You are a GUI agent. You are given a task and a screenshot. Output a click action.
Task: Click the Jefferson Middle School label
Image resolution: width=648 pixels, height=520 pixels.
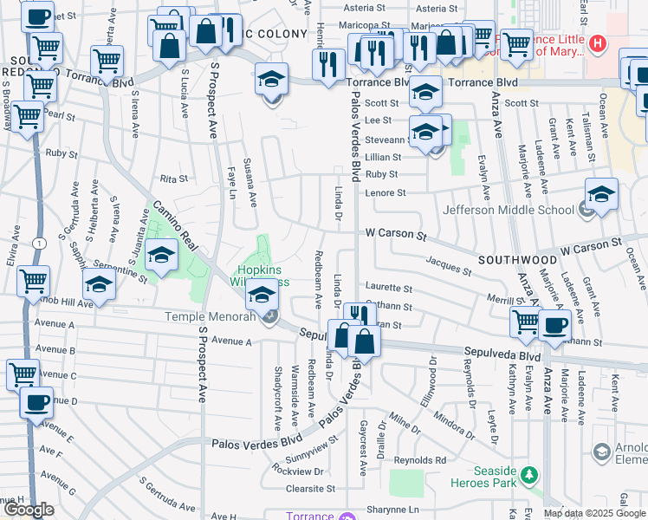click(508, 210)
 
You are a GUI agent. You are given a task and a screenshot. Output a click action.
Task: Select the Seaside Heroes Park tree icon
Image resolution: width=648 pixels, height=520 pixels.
click(527, 474)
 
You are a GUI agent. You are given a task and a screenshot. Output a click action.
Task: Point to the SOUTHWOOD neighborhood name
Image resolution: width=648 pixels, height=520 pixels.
click(517, 259)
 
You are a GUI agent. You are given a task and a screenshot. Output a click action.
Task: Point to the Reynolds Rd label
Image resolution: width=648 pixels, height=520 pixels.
click(420, 460)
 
